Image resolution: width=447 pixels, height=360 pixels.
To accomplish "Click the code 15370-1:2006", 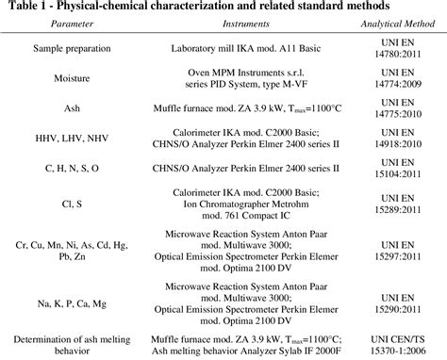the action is point(397,351).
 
